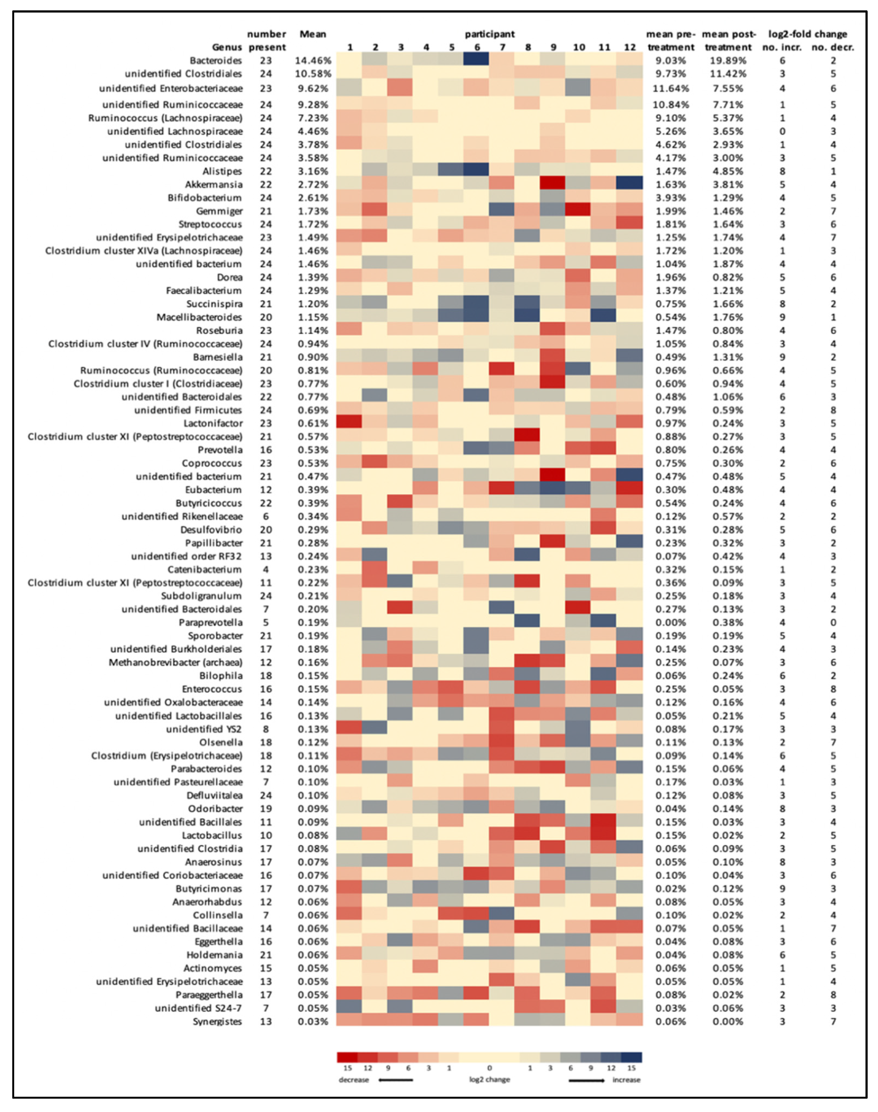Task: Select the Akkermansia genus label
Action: (213, 185)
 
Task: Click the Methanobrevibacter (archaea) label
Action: (175, 662)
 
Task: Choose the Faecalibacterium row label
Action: (204, 291)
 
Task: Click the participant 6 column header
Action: (477, 47)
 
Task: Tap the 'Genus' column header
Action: (227, 47)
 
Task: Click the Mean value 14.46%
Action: (313, 61)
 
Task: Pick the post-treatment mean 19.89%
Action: (728, 61)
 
